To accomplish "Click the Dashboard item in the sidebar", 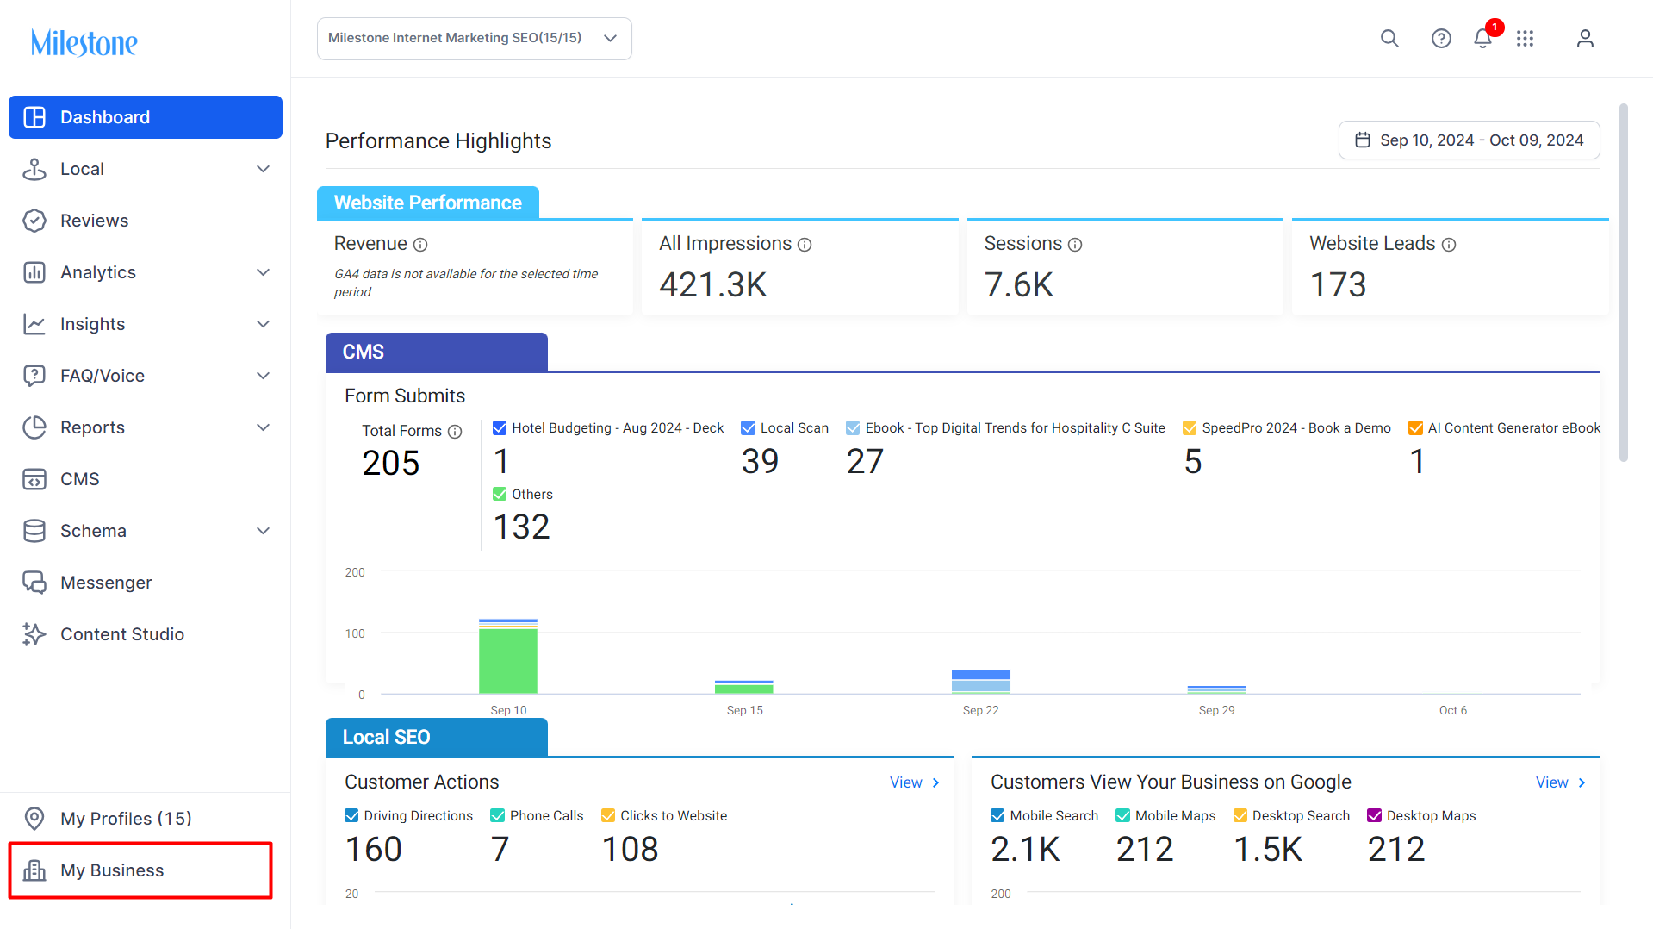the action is pyautogui.click(x=146, y=117).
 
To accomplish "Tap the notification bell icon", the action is pyautogui.click(x=1482, y=39).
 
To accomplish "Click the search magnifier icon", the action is pyautogui.click(x=1389, y=39).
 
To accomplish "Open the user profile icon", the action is pyautogui.click(x=1585, y=39).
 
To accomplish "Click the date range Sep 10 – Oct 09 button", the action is pyautogui.click(x=1469, y=140).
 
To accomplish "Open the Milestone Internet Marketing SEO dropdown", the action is pyautogui.click(x=475, y=39).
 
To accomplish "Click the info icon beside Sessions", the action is pyautogui.click(x=1075, y=245).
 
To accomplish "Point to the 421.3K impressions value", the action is pyautogui.click(x=713, y=285).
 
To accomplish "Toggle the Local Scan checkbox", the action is pyautogui.click(x=749, y=428).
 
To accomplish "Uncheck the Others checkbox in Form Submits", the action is pyautogui.click(x=500, y=495).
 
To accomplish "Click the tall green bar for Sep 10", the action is pyautogui.click(x=508, y=661).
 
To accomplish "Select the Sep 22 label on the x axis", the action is pyautogui.click(x=980, y=711).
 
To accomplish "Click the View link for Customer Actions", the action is pyautogui.click(x=914, y=782).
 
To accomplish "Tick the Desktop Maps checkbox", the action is pyautogui.click(x=1375, y=816).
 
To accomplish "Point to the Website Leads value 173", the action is pyautogui.click(x=1338, y=285).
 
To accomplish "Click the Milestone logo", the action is pyautogui.click(x=84, y=42).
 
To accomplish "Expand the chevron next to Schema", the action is pyautogui.click(x=264, y=531).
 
